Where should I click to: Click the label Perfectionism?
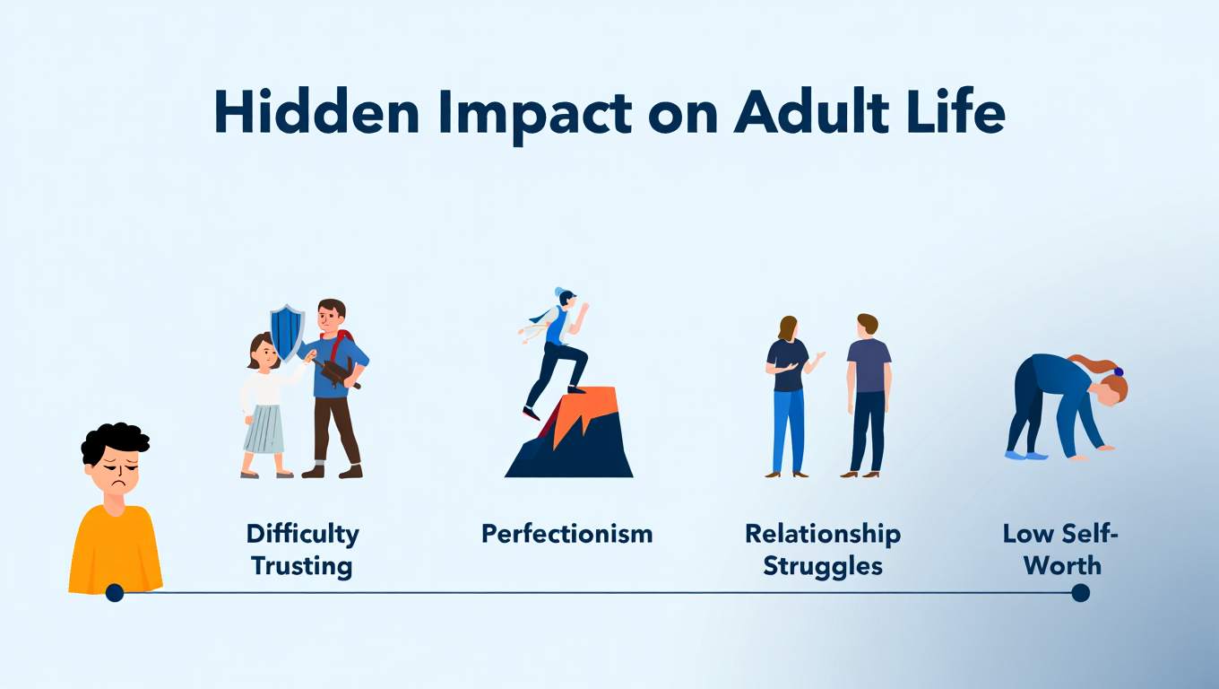pos(566,535)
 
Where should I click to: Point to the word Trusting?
pos(302,566)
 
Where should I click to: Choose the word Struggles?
pos(823,566)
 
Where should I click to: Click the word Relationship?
pos(823,535)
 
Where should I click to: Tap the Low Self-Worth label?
pos(1062,550)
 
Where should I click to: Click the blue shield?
pos(287,331)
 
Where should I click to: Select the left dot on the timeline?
pos(114,592)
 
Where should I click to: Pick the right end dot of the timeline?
pos(1080,592)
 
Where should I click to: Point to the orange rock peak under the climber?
pos(587,411)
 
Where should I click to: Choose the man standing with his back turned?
pos(868,395)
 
